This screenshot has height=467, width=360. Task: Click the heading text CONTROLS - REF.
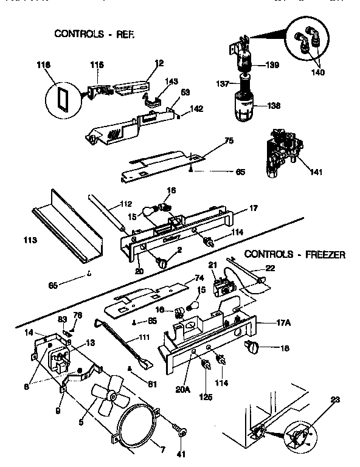(94, 33)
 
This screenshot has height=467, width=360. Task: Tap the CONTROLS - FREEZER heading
(294, 254)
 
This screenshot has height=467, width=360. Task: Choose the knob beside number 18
(251, 347)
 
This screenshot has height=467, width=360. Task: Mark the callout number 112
(126, 204)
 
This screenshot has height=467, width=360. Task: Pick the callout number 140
(318, 72)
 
